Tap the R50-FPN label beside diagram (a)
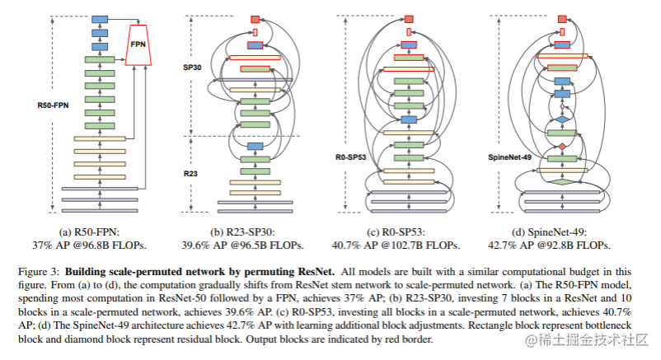pyautogui.click(x=51, y=105)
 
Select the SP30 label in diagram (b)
pyautogui.click(x=193, y=69)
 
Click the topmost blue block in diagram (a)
pyautogui.click(x=100, y=19)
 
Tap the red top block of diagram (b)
pyautogui.click(x=255, y=18)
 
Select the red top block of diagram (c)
pyautogui.click(x=408, y=18)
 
